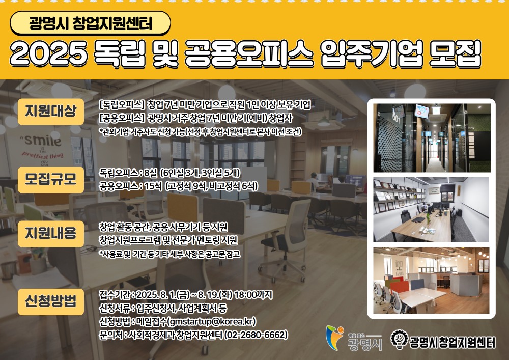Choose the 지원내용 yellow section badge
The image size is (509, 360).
50,233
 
